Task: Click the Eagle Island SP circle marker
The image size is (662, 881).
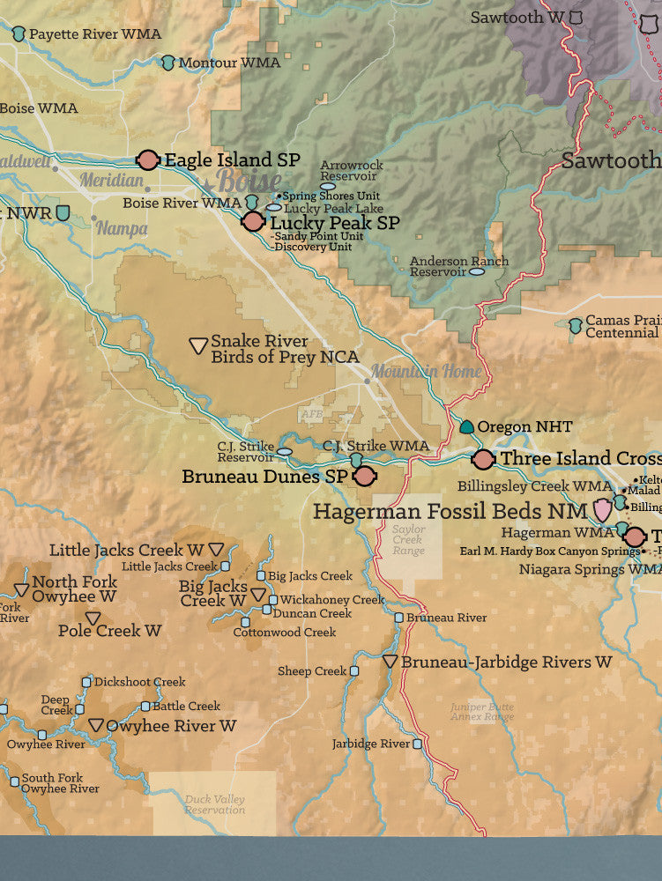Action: coord(148,159)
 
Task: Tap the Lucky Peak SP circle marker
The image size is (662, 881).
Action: coord(254,222)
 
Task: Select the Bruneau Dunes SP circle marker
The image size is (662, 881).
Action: coord(365,476)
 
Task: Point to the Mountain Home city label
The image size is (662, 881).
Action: coord(426,371)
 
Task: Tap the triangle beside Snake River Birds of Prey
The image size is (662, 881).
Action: coord(199,346)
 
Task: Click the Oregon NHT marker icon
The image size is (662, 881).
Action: coord(466,427)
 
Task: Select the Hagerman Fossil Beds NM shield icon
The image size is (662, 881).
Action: coord(603,509)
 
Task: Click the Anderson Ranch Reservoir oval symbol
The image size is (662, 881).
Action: coord(477,272)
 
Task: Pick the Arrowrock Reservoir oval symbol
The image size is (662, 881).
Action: coord(328,186)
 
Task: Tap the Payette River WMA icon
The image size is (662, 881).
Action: coord(19,34)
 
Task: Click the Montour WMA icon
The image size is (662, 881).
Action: coord(168,63)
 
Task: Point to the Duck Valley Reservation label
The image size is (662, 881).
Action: coord(215,804)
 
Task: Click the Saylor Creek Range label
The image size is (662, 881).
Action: coord(409,540)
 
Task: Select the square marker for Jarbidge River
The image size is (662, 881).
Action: coord(418,744)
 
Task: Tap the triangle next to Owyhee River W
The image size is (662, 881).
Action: coord(96,726)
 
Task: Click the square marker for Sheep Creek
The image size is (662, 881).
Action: coord(354,671)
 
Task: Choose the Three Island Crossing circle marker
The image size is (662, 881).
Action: coord(483,458)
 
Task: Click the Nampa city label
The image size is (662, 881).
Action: coord(122,227)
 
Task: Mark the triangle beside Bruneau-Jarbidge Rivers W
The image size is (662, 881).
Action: coord(390,661)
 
